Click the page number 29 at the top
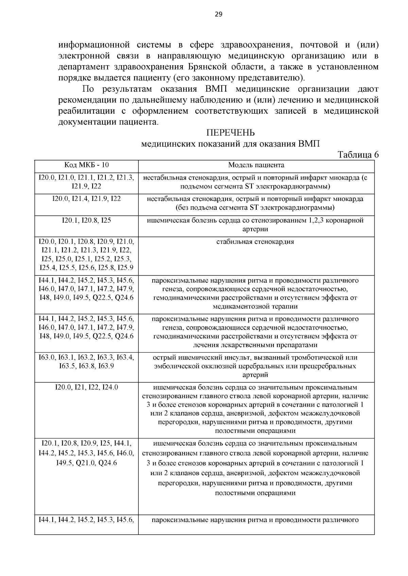tap(218, 14)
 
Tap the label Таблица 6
tap(358, 155)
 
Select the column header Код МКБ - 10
tap(86, 165)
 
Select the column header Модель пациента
tap(256, 165)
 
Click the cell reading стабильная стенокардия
tap(255, 242)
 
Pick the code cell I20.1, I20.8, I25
tap(86, 221)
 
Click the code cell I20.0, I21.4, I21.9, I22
tap(86, 199)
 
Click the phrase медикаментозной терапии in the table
tap(255, 306)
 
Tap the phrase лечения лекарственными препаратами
tap(255, 345)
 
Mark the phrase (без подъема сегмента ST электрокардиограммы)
tap(255, 207)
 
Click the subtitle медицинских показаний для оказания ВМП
tap(230, 144)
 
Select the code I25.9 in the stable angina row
tap(125, 268)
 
